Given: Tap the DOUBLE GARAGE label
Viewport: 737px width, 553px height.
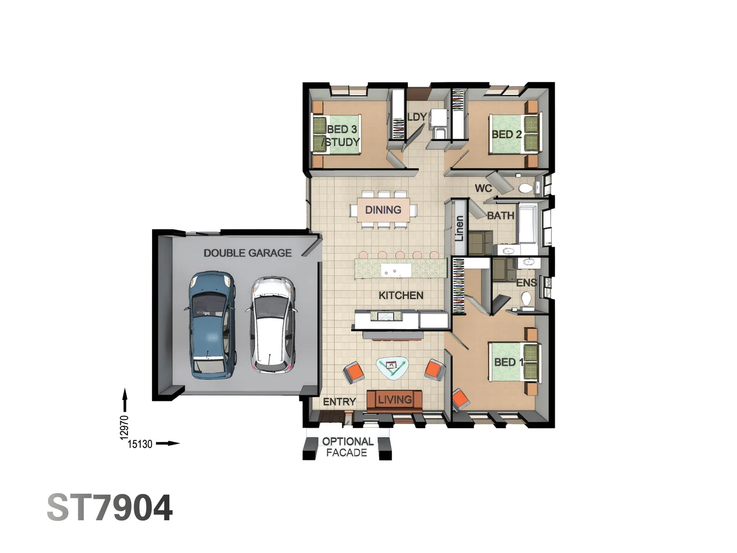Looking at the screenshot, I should (x=247, y=253).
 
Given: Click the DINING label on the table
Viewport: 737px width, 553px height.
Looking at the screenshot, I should (x=383, y=210).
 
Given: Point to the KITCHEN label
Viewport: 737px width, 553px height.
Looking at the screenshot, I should (x=401, y=295).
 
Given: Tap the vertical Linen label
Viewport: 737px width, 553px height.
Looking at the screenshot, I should (x=459, y=228).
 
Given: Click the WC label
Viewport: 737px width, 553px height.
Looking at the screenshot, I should (x=483, y=188).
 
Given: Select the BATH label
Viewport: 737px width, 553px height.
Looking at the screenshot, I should (x=500, y=216).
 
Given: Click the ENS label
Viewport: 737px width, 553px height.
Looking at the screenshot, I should (x=526, y=283).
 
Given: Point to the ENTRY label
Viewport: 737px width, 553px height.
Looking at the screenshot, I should (x=339, y=402).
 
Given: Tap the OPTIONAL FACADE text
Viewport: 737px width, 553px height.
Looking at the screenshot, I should (x=347, y=446).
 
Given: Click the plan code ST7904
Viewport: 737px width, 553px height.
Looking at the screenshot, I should (x=110, y=508).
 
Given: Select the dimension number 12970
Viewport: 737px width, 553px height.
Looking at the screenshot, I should (x=124, y=427).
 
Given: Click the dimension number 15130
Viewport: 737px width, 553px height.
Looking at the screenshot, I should (x=140, y=444).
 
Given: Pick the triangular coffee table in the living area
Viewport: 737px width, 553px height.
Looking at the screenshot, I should (x=392, y=367).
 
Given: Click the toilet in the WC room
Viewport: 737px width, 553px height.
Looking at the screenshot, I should (x=526, y=188).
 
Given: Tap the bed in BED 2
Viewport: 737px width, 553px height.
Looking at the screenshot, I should (x=514, y=134).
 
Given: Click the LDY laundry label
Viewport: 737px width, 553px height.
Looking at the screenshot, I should (x=417, y=117).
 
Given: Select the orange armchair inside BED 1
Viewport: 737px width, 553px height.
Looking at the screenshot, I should (x=460, y=399).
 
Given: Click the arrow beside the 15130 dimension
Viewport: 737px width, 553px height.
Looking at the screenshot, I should (x=167, y=443).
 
